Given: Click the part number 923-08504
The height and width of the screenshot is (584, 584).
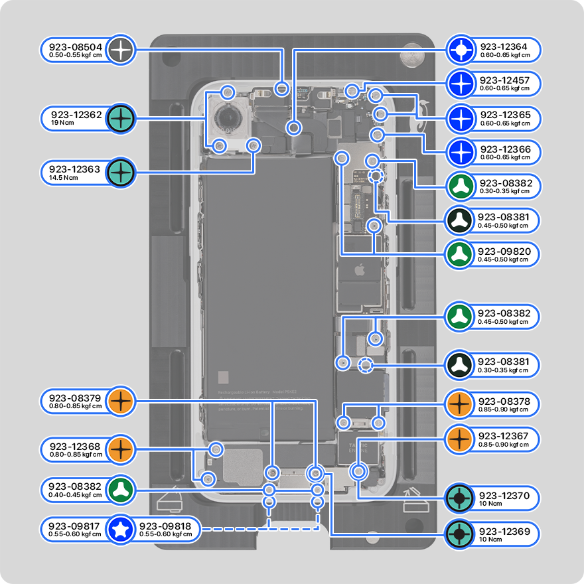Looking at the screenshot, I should [75, 47].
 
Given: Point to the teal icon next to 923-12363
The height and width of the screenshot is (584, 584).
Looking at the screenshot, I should [121, 173].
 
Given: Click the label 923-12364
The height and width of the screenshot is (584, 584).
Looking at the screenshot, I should [504, 47].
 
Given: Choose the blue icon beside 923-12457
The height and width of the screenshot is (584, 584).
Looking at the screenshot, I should [460, 84].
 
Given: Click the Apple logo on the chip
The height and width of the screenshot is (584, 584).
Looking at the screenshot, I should [359, 271].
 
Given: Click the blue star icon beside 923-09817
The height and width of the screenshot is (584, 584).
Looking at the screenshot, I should [120, 529].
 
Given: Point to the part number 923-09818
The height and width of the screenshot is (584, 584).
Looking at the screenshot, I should [165, 526].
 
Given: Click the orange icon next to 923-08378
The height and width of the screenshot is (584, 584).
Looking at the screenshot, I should [460, 403].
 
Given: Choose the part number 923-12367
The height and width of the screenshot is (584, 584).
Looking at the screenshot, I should [504, 436].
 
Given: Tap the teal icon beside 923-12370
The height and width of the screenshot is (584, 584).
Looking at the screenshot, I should [460, 498].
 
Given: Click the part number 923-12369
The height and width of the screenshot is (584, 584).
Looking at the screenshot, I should [504, 532].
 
